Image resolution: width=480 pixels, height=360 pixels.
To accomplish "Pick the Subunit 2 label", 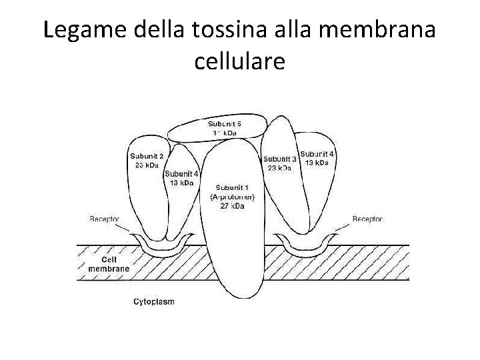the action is (x=147, y=157).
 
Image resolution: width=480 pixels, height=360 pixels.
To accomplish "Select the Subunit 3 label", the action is (x=280, y=159).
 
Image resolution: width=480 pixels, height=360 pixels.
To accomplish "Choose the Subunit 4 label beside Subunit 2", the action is (x=182, y=173).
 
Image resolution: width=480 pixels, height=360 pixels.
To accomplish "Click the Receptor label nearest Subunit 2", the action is (x=106, y=219).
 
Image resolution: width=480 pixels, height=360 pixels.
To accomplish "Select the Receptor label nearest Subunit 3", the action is (x=367, y=219).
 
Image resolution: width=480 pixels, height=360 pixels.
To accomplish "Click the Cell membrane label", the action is (x=109, y=264).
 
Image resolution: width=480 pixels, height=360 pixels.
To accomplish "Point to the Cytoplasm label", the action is (x=154, y=301).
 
